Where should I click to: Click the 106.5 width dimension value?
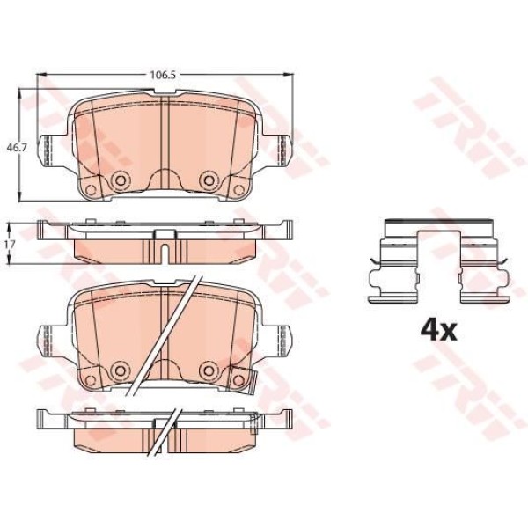pyautogui.click(x=163, y=75)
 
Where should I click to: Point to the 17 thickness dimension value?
pyautogui.click(x=11, y=244)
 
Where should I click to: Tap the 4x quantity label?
pyautogui.click(x=439, y=331)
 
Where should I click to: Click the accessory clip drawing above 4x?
pyautogui.click(x=439, y=262)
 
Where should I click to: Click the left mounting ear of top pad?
pyautogui.click(x=50, y=150)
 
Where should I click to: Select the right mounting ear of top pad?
pyautogui.click(x=278, y=150)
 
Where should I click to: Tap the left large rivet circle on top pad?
pyautogui.click(x=120, y=180)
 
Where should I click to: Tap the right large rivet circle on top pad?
pyautogui.click(x=209, y=180)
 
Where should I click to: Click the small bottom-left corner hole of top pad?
pyautogui.click(x=91, y=190)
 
